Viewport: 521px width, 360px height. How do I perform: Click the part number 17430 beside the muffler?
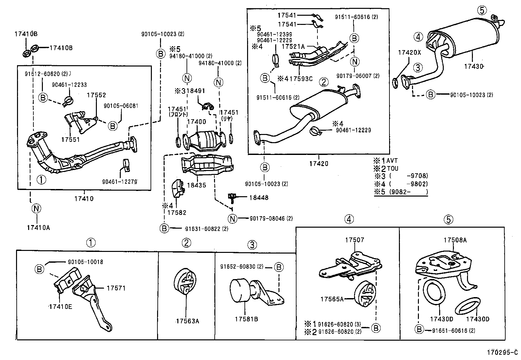(x=473, y=66)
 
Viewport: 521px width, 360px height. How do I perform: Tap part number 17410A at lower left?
(x=38, y=228)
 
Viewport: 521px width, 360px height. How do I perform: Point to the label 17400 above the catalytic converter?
(x=196, y=122)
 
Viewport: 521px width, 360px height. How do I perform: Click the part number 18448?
(x=259, y=198)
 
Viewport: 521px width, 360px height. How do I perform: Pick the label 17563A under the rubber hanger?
(x=187, y=321)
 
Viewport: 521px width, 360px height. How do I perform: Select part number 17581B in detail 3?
(x=246, y=319)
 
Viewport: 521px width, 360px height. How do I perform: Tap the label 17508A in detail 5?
(x=455, y=240)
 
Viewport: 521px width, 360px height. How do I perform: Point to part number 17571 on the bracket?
(x=116, y=288)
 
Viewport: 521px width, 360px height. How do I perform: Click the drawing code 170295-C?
(x=502, y=352)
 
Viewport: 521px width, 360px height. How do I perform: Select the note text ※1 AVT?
(x=386, y=161)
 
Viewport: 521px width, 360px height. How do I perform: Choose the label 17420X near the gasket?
(x=409, y=52)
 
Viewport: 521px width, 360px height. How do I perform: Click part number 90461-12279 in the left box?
(x=119, y=181)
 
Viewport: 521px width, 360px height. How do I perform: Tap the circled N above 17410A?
(x=36, y=208)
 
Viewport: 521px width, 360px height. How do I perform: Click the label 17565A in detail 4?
(x=332, y=299)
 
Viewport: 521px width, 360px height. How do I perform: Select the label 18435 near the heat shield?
(x=196, y=185)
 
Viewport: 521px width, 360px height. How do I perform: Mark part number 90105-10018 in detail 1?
(x=85, y=262)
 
